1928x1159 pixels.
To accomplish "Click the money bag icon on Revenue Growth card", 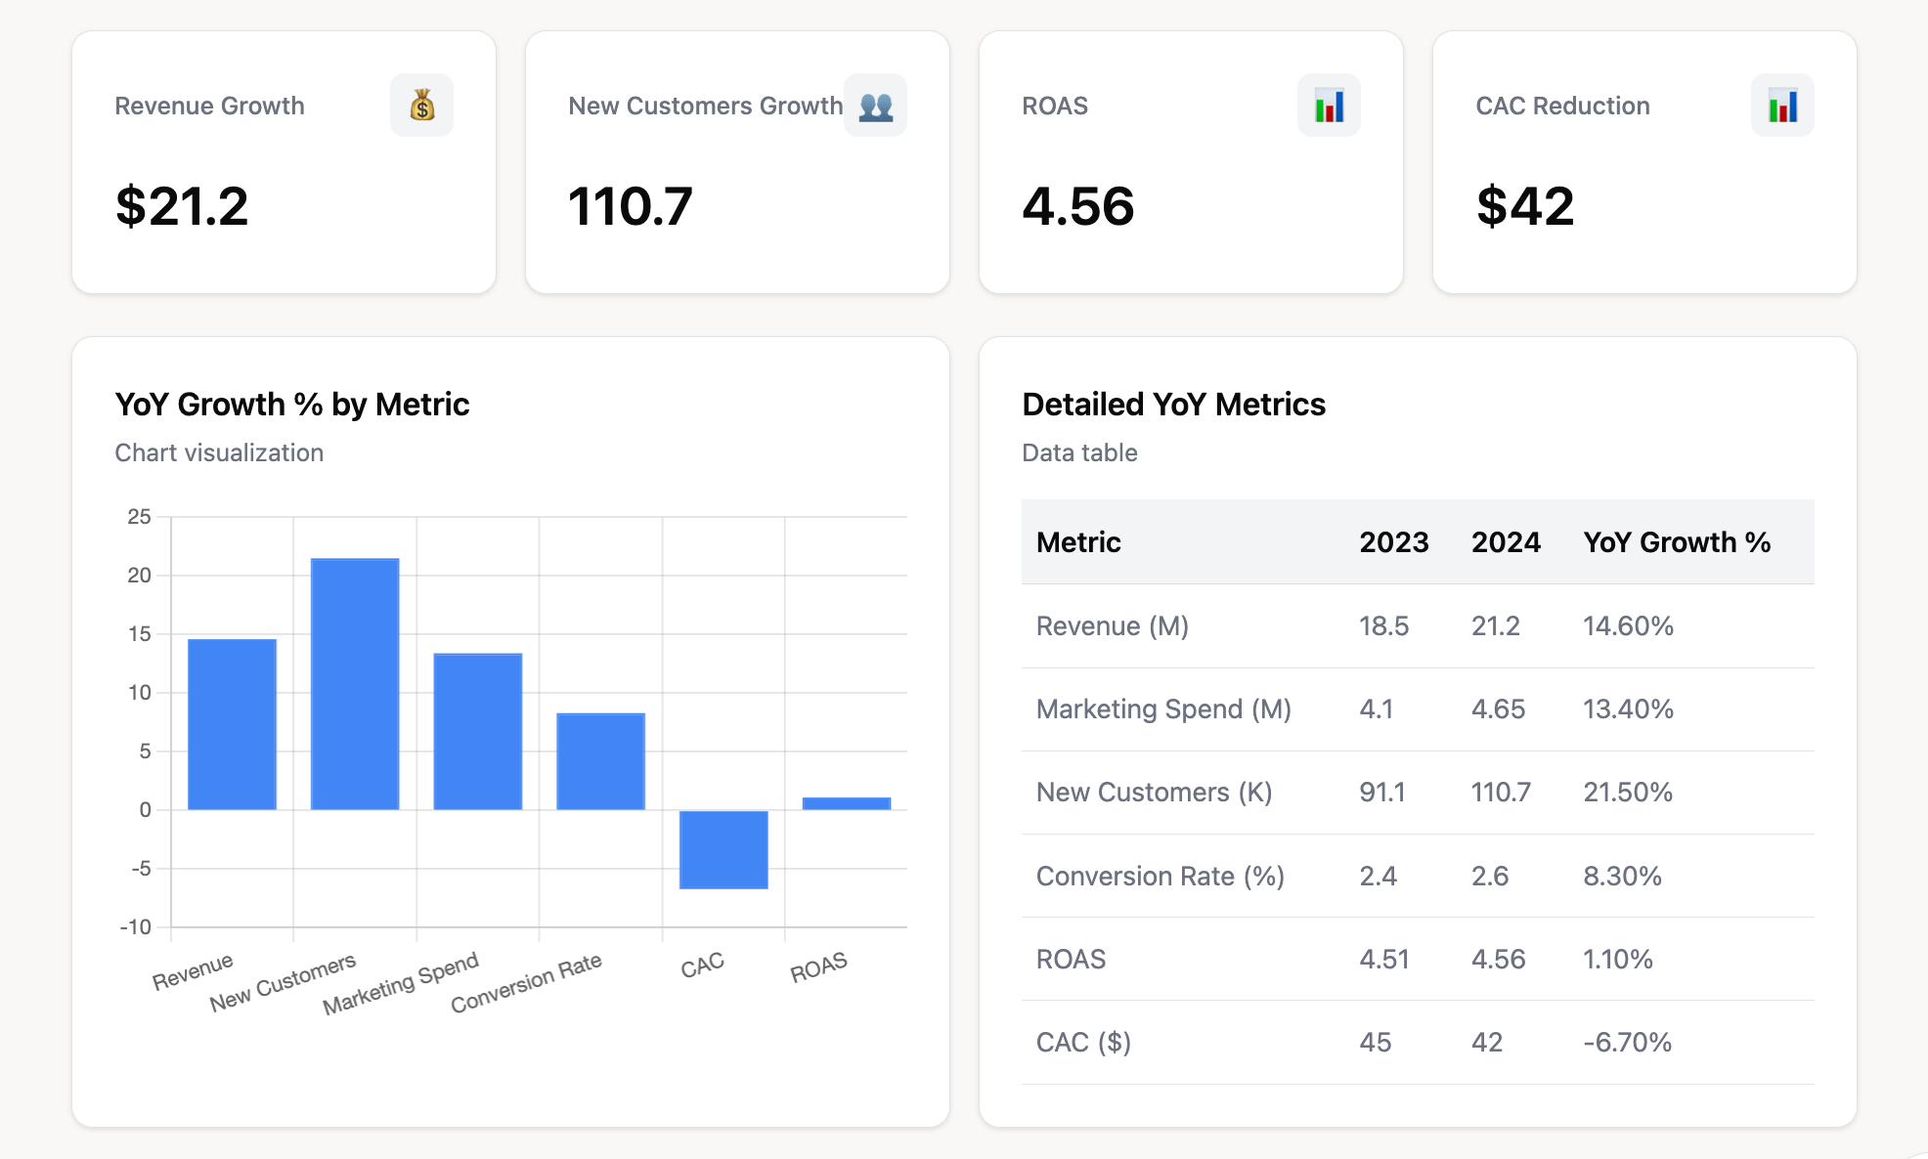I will (x=421, y=106).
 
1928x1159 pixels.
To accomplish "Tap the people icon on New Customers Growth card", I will (x=875, y=106).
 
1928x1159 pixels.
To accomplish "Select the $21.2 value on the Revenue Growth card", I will (x=182, y=206).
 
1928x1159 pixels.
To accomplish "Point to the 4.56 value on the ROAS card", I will (x=1078, y=206).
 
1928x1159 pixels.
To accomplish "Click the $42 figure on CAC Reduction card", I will (x=1525, y=206).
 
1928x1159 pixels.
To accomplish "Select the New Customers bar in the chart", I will (x=355, y=683).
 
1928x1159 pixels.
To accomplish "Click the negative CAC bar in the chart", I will (x=723, y=849).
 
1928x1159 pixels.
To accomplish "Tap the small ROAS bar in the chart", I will (x=847, y=803).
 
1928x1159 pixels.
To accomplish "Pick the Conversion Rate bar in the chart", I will (x=600, y=760).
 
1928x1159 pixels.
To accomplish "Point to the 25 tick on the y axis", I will (x=139, y=517).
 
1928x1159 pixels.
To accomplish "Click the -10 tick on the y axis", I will (x=136, y=926).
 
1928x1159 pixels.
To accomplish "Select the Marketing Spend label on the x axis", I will (x=401, y=983).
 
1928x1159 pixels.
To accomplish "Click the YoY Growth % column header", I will (x=1677, y=542).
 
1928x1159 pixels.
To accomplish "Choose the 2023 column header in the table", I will (x=1394, y=542).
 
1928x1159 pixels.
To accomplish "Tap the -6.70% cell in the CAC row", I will (x=1628, y=1043).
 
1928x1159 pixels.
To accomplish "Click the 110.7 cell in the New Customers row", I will (x=1501, y=793).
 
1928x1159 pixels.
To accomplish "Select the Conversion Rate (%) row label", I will (x=1161, y=877).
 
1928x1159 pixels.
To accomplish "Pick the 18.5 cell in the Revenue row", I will (x=1384, y=626).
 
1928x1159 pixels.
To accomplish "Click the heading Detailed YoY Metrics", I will (x=1174, y=405).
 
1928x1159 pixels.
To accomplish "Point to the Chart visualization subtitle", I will (x=219, y=453).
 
